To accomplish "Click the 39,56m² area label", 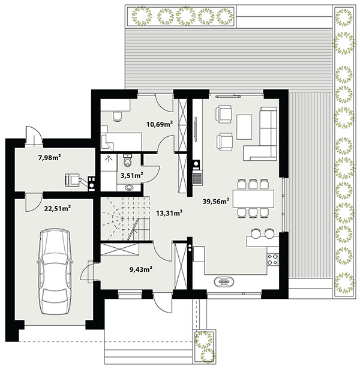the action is click(216, 201).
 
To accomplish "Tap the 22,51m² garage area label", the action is click(58, 208).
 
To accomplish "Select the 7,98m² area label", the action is click(50, 157).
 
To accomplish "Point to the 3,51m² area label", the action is click(132, 175).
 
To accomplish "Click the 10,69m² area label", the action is click(160, 124).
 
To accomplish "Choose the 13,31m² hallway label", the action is click(169, 213).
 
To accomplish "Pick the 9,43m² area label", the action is click(141, 269).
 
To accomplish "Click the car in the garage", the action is click(55, 271).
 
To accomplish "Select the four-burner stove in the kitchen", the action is click(272, 259).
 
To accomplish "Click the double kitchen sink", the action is click(224, 281).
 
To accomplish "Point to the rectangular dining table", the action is click(253, 199).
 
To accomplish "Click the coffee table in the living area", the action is click(244, 127).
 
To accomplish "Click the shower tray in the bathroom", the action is click(109, 163).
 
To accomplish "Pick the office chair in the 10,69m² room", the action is click(118, 116).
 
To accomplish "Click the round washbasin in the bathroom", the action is click(129, 187).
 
